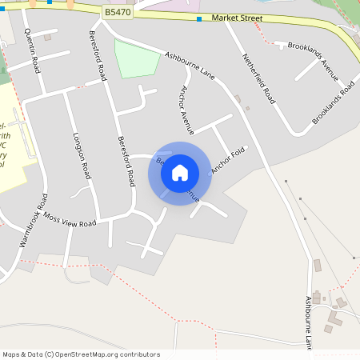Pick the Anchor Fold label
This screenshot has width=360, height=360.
(x=226, y=159)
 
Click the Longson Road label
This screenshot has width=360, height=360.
(x=82, y=155)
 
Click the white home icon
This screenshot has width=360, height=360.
(x=180, y=172)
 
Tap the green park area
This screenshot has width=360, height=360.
(x=136, y=58)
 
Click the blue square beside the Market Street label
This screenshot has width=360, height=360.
(x=199, y=18)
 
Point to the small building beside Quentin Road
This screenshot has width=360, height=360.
(x=47, y=37)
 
